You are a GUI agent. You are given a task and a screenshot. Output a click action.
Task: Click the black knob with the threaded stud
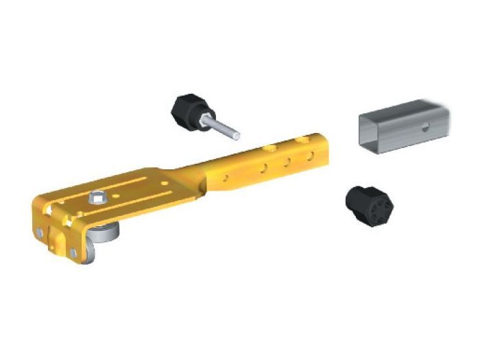pyautogui.click(x=186, y=109)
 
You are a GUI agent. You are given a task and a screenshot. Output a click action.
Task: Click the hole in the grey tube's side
pyautogui.click(x=426, y=125)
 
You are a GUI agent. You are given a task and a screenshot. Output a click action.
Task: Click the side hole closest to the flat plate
pyautogui.click(x=226, y=179)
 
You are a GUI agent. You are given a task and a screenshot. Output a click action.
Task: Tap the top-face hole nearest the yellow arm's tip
pyautogui.click(x=299, y=139)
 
